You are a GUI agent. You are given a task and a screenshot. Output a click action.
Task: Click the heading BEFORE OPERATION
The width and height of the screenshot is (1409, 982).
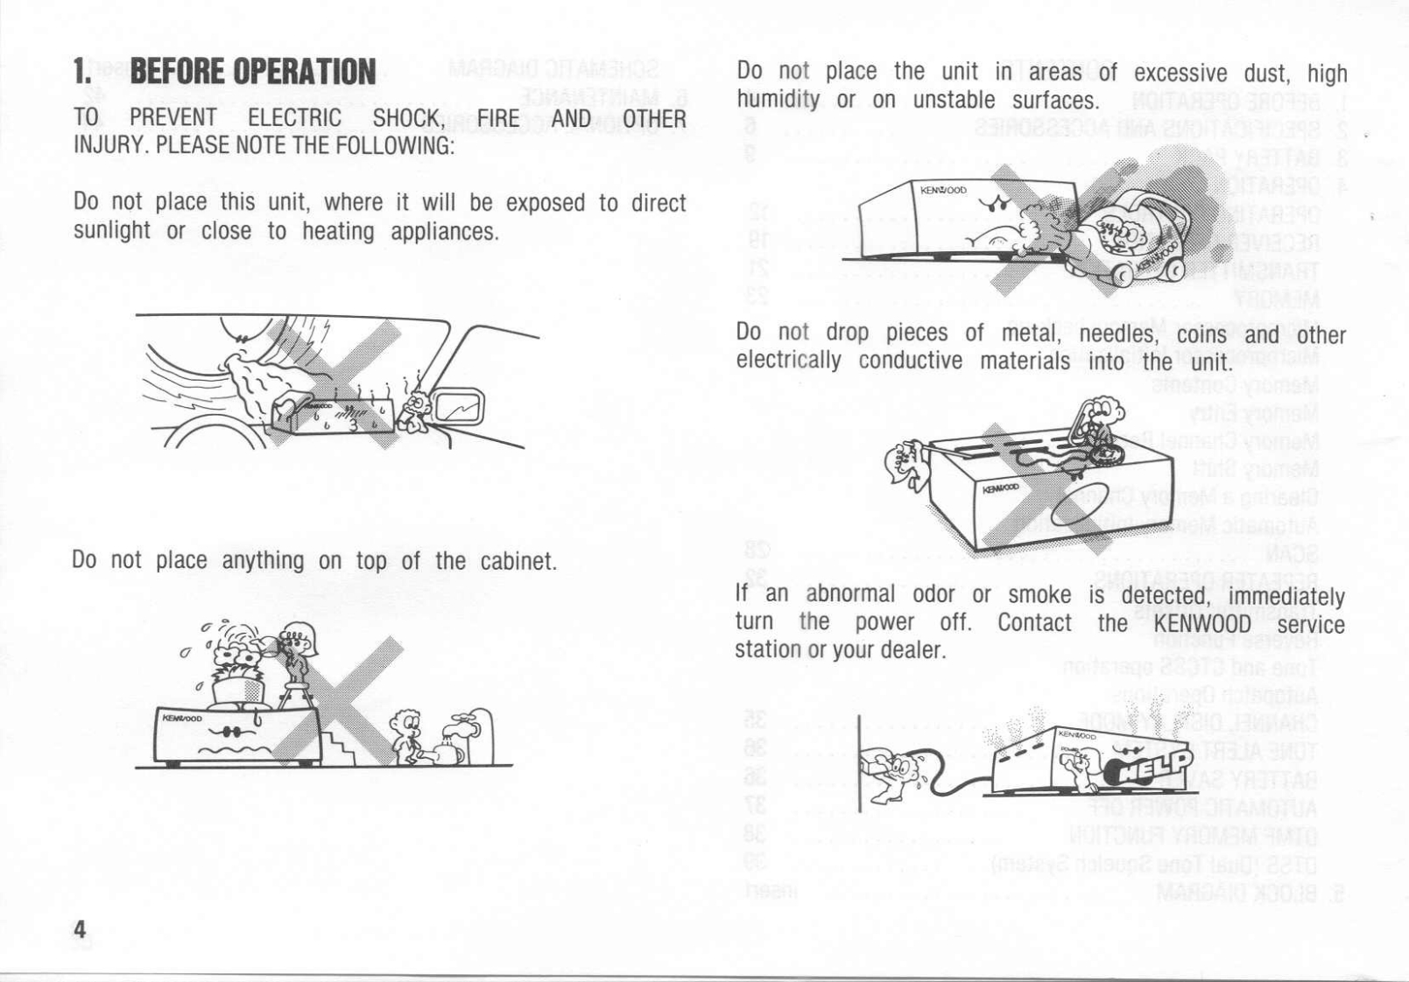[252, 72]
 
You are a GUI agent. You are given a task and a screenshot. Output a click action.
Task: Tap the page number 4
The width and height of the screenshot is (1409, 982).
[80, 929]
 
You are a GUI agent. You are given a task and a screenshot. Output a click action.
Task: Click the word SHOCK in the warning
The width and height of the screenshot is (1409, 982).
[406, 117]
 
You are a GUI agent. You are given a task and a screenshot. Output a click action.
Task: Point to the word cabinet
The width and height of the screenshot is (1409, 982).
[518, 561]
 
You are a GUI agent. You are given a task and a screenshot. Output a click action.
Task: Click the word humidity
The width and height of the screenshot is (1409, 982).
[778, 100]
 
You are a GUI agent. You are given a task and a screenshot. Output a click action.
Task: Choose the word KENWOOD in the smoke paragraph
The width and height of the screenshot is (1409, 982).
[1202, 623]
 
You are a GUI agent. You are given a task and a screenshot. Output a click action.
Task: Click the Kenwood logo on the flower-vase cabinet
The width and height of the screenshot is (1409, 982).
[181, 719]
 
